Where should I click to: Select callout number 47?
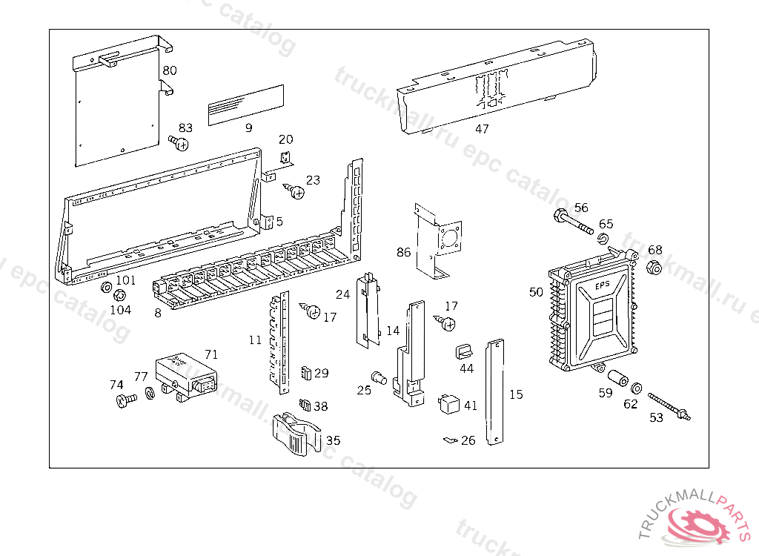tap(482, 129)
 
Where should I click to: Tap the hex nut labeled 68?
tap(654, 268)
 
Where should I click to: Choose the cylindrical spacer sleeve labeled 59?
tap(618, 376)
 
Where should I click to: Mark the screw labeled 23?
tap(296, 192)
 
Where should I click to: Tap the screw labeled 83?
tap(178, 142)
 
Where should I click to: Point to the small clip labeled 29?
tap(305, 372)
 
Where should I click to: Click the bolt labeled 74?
tap(125, 401)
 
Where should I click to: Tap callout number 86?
tap(403, 252)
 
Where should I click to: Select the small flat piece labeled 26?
tap(448, 440)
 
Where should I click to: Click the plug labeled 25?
tap(380, 378)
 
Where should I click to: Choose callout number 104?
tap(120, 310)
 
